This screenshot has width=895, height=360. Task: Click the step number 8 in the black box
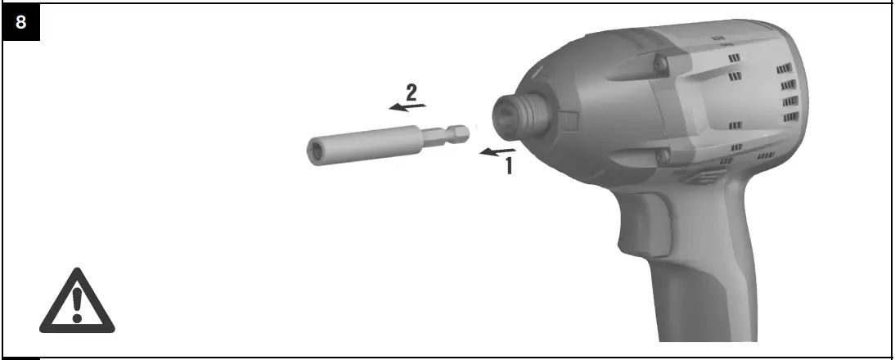[20, 22]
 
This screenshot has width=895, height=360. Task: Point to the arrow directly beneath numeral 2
[407, 106]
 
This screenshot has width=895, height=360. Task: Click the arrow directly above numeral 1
[498, 151]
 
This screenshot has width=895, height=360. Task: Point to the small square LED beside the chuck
[570, 122]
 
